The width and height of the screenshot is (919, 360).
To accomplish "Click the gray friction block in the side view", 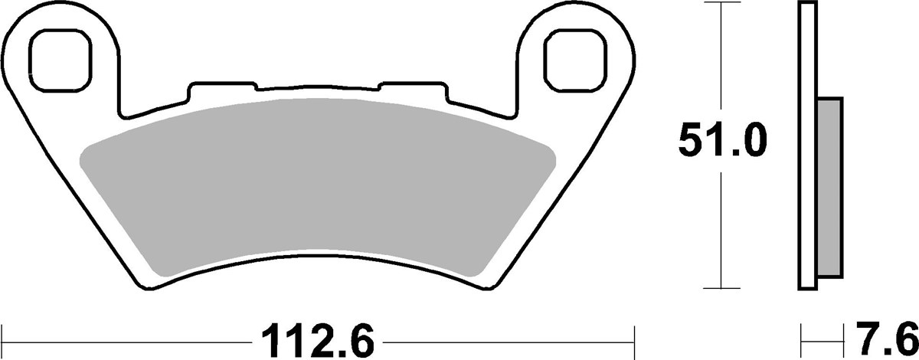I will [x=830, y=188].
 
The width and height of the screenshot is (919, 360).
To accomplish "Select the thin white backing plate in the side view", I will [x=809, y=146].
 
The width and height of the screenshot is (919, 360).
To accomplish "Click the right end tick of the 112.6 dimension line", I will [x=635, y=338].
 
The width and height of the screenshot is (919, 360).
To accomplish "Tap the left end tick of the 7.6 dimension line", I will [x=802, y=338].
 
